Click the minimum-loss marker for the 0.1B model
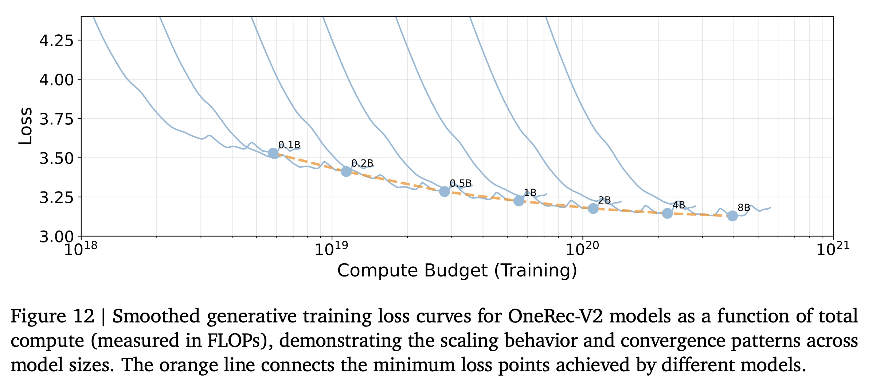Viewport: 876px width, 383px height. coord(273,153)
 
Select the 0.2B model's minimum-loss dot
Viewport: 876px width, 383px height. coord(346,171)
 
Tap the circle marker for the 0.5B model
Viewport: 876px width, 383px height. coord(445,191)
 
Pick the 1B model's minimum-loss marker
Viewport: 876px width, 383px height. coord(519,201)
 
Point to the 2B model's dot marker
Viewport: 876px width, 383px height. coord(593,208)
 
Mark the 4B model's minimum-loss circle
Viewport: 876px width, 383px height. coord(667,213)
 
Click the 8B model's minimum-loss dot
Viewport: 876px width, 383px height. coord(732,216)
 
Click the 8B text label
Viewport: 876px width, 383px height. coord(744,208)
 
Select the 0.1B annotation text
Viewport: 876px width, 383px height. coord(289,145)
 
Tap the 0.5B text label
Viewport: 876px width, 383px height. coord(461,183)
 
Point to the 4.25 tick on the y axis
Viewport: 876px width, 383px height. coord(56,40)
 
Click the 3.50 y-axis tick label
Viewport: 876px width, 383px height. coord(56,158)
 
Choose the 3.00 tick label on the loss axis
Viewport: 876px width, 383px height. coord(56,237)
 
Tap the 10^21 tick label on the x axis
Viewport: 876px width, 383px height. coord(833,249)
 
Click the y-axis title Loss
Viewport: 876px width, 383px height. coord(26,126)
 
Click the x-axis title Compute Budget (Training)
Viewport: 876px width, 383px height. coord(457,271)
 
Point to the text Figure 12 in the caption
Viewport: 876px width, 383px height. coord(52,316)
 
